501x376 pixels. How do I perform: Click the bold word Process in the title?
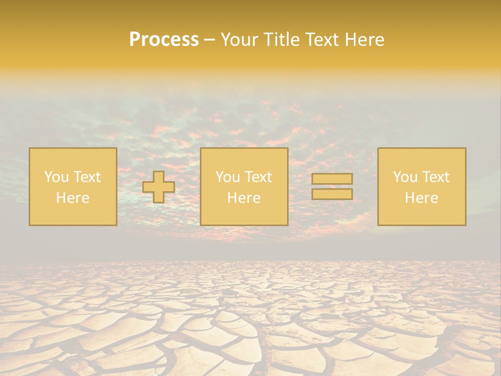click(164, 40)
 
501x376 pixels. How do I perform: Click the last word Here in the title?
click(365, 40)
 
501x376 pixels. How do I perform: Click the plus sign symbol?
click(159, 187)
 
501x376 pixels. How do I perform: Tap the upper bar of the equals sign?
click(332, 179)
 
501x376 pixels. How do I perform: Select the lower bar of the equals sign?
click(332, 194)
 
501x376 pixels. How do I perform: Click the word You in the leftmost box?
click(56, 177)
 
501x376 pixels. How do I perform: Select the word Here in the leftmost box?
click(73, 198)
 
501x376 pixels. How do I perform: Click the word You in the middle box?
click(227, 177)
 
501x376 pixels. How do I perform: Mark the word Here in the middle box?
click(244, 198)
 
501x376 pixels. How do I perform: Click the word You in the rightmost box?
click(404, 177)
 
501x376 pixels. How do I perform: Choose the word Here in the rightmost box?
click(422, 198)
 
